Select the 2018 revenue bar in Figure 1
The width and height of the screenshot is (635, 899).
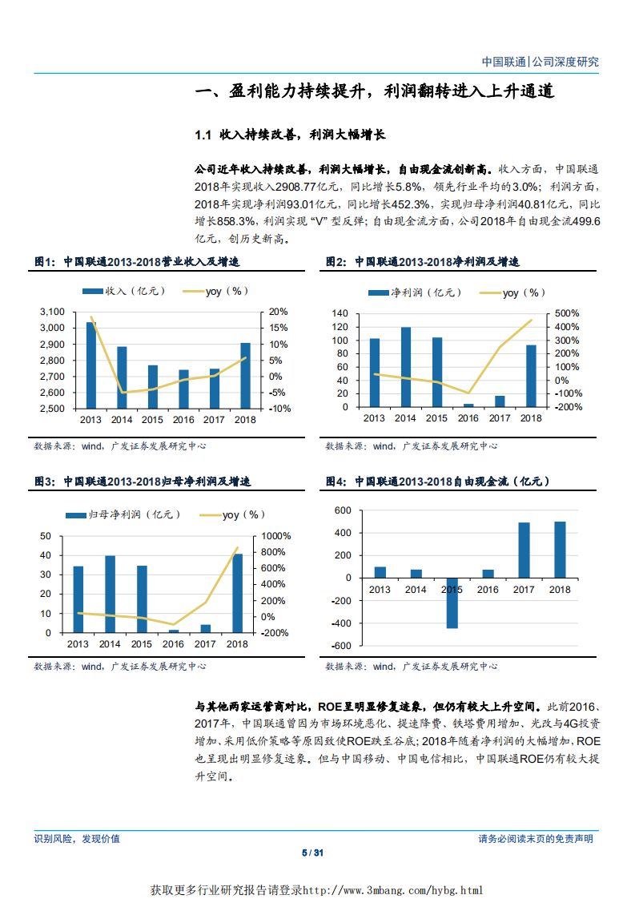[245, 376]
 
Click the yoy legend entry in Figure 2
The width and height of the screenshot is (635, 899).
[524, 293]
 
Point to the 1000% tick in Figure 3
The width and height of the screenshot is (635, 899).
[275, 536]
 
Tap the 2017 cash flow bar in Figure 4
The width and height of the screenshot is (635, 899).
[524, 550]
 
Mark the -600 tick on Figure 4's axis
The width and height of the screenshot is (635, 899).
[342, 646]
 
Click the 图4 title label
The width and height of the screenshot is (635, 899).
[336, 482]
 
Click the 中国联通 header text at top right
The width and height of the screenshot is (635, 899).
[504, 62]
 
